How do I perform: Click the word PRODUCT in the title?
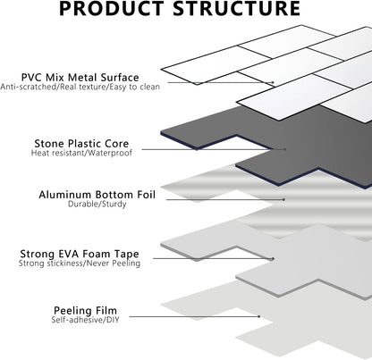(x=112, y=8)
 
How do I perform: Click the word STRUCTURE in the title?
(x=237, y=8)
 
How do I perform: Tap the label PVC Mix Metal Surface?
(x=80, y=78)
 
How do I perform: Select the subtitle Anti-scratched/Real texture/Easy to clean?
(x=80, y=87)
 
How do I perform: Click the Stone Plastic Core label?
(x=81, y=144)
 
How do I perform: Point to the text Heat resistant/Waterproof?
(x=81, y=153)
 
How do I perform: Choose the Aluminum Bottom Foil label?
(x=97, y=195)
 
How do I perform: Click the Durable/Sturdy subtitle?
(x=97, y=205)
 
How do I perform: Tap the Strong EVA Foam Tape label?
(x=80, y=254)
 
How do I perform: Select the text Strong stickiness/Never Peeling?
(x=80, y=264)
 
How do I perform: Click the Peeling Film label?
(x=85, y=311)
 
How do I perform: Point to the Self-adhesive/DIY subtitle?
(x=85, y=320)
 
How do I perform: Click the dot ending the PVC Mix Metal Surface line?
(x=273, y=82)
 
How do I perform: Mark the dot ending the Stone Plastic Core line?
(x=285, y=149)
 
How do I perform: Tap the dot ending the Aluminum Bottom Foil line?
(x=284, y=200)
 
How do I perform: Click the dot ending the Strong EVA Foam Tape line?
(x=273, y=259)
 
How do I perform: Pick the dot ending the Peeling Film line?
(x=259, y=316)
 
